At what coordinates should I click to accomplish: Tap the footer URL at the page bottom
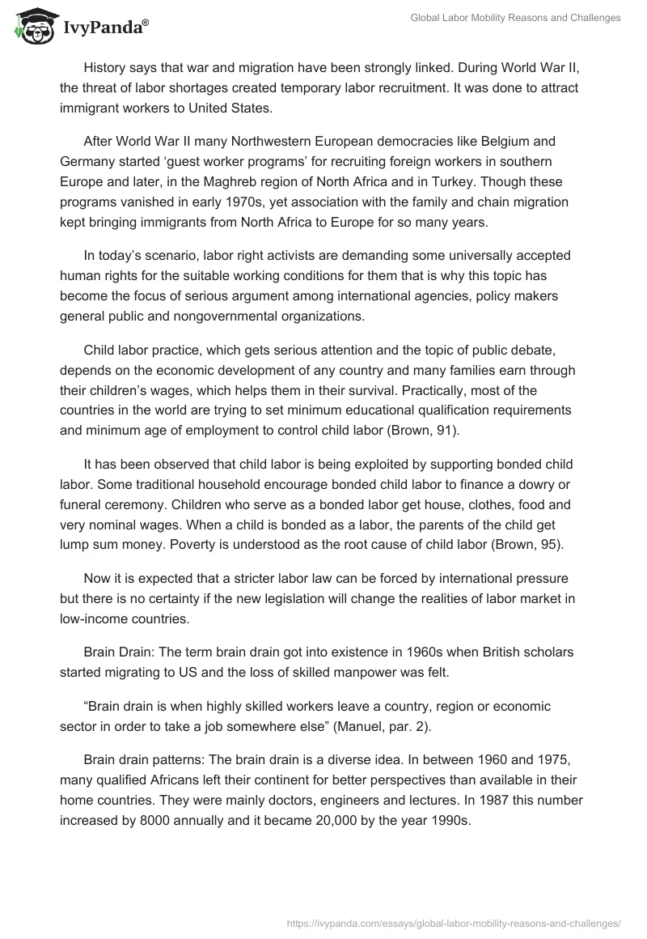tap(454, 921)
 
